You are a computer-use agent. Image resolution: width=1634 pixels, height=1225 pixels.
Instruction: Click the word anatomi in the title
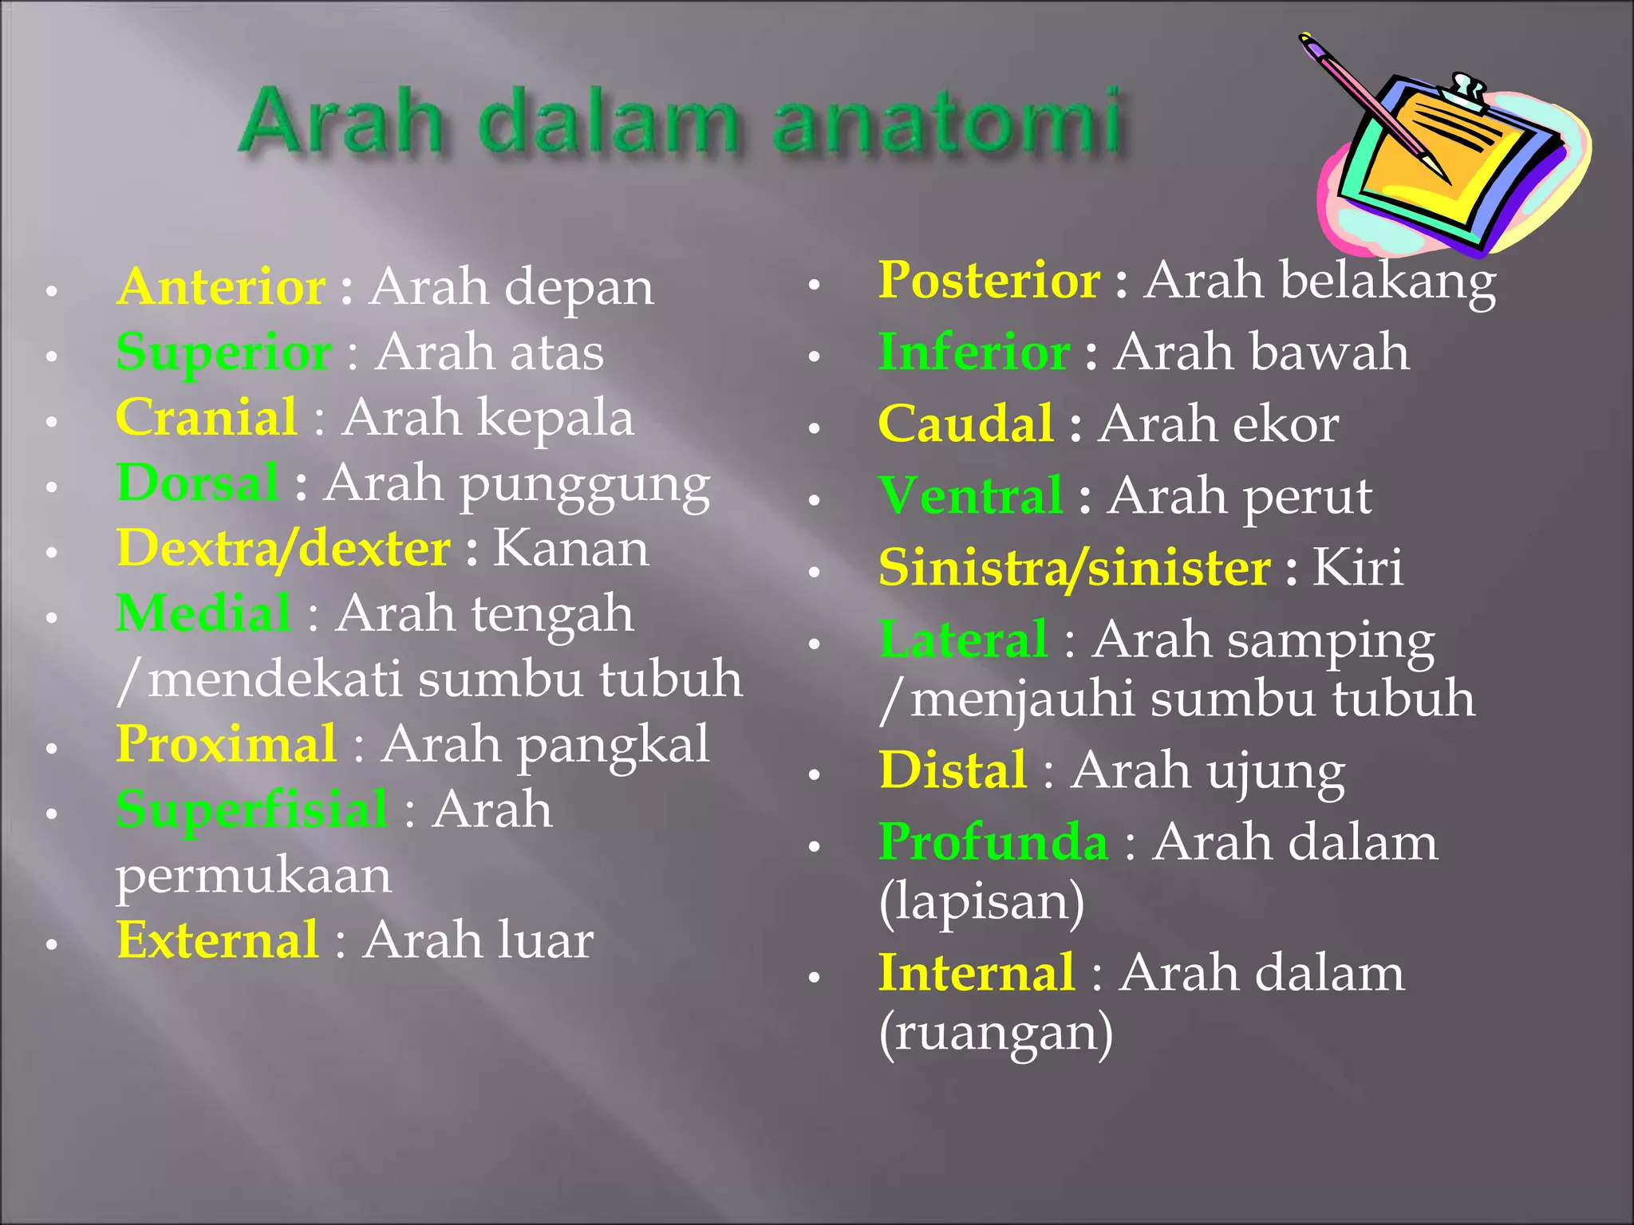[x=949, y=124]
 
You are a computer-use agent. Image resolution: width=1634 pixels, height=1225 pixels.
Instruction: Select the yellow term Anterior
[x=221, y=286]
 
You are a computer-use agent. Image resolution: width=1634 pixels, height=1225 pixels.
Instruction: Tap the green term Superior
[x=223, y=352]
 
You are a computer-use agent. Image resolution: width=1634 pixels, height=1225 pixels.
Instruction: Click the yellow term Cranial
[x=207, y=417]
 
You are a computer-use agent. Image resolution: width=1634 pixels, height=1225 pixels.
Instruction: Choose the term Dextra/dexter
[x=283, y=549]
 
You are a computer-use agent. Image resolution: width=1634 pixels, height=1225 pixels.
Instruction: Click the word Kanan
[x=570, y=549]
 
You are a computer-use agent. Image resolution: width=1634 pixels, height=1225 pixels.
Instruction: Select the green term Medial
[x=203, y=614]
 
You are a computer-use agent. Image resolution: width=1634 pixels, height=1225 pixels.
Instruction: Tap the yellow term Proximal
[x=226, y=745]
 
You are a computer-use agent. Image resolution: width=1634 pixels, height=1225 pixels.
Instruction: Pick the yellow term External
[x=217, y=940]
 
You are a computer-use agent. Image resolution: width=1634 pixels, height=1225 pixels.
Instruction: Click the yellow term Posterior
[x=989, y=280]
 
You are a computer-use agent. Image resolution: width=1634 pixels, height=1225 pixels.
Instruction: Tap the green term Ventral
[x=970, y=496]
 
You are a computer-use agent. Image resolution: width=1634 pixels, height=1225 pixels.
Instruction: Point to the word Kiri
[x=1357, y=568]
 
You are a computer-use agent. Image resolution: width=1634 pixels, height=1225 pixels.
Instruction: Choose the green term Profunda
[x=993, y=842]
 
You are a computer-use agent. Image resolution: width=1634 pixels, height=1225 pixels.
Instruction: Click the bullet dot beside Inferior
[x=814, y=356]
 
